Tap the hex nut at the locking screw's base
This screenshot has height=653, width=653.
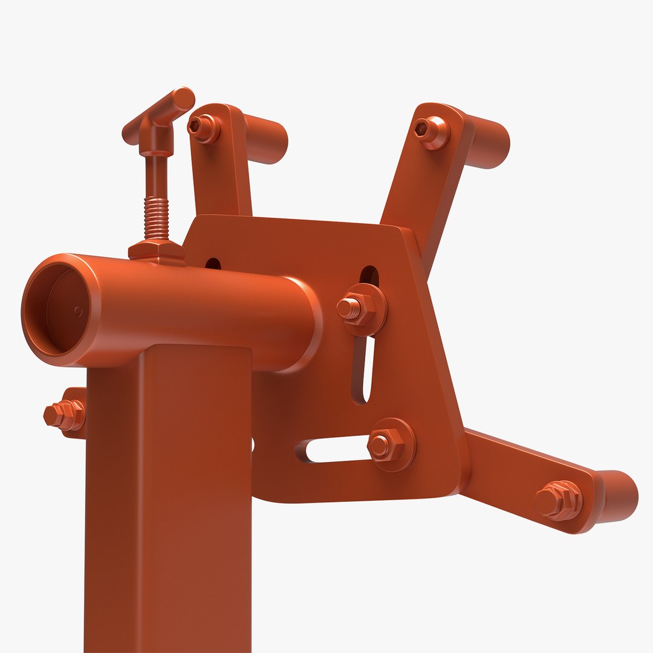[x=156, y=250]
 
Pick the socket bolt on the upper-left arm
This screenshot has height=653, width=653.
[x=202, y=128]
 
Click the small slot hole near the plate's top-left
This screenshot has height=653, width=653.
[x=213, y=264]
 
